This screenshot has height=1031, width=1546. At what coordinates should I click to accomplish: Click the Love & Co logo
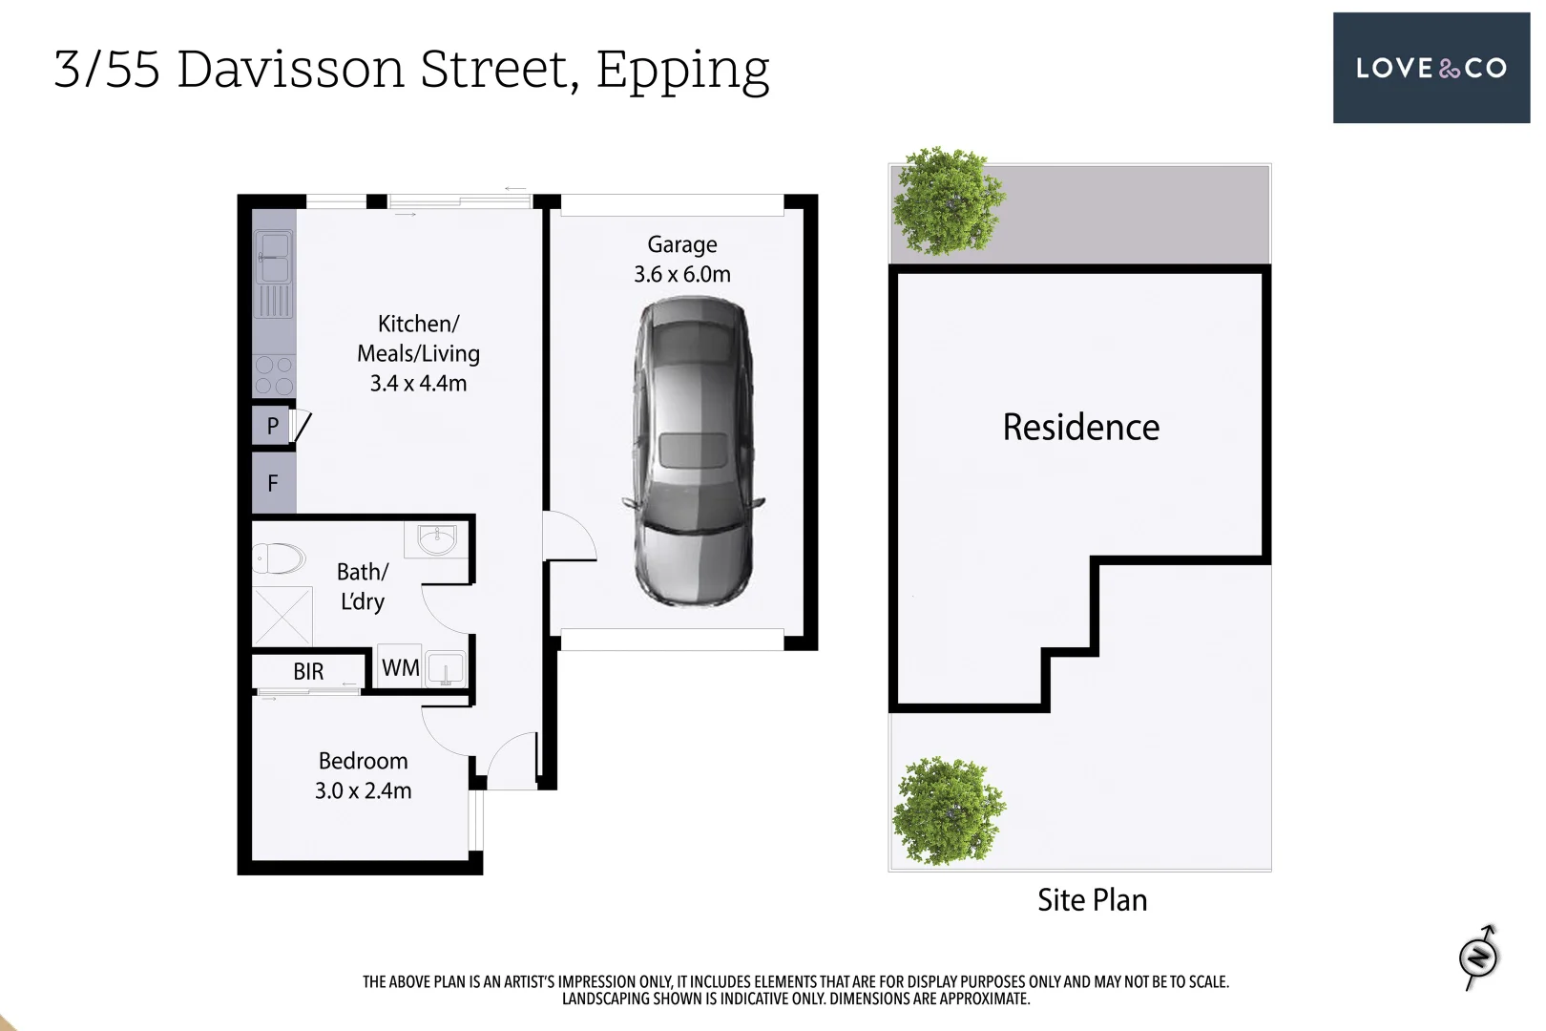tap(1431, 68)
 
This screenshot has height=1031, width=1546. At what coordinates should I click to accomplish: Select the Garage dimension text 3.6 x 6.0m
tap(682, 275)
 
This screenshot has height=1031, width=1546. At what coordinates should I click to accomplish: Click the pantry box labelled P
tap(272, 426)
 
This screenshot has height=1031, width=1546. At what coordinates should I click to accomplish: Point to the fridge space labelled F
tap(273, 483)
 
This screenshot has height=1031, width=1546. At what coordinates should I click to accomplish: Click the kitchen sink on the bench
tap(274, 258)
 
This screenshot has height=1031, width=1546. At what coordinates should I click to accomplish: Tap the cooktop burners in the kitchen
tap(274, 375)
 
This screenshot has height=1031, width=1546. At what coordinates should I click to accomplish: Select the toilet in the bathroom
tap(280, 558)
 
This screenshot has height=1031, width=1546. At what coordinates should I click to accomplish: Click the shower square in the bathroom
tap(282, 616)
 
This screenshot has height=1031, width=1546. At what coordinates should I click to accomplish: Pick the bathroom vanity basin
tap(437, 540)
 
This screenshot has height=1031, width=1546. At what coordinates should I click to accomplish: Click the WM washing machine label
tap(400, 668)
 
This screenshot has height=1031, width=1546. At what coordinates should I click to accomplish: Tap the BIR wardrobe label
tap(308, 672)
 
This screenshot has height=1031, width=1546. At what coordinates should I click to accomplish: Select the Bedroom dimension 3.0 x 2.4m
tap(364, 791)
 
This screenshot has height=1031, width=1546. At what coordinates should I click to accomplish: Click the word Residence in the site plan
tap(1080, 428)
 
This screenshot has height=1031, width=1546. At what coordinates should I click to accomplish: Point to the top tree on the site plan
tap(948, 201)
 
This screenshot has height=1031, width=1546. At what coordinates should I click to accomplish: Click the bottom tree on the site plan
tap(948, 811)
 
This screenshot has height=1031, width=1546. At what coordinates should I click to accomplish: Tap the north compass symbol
tap(1479, 957)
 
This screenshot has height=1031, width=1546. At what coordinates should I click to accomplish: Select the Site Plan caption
tap(1092, 900)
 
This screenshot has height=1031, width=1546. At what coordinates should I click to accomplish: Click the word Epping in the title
tap(682, 71)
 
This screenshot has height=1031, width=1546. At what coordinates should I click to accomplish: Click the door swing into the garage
tap(568, 537)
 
